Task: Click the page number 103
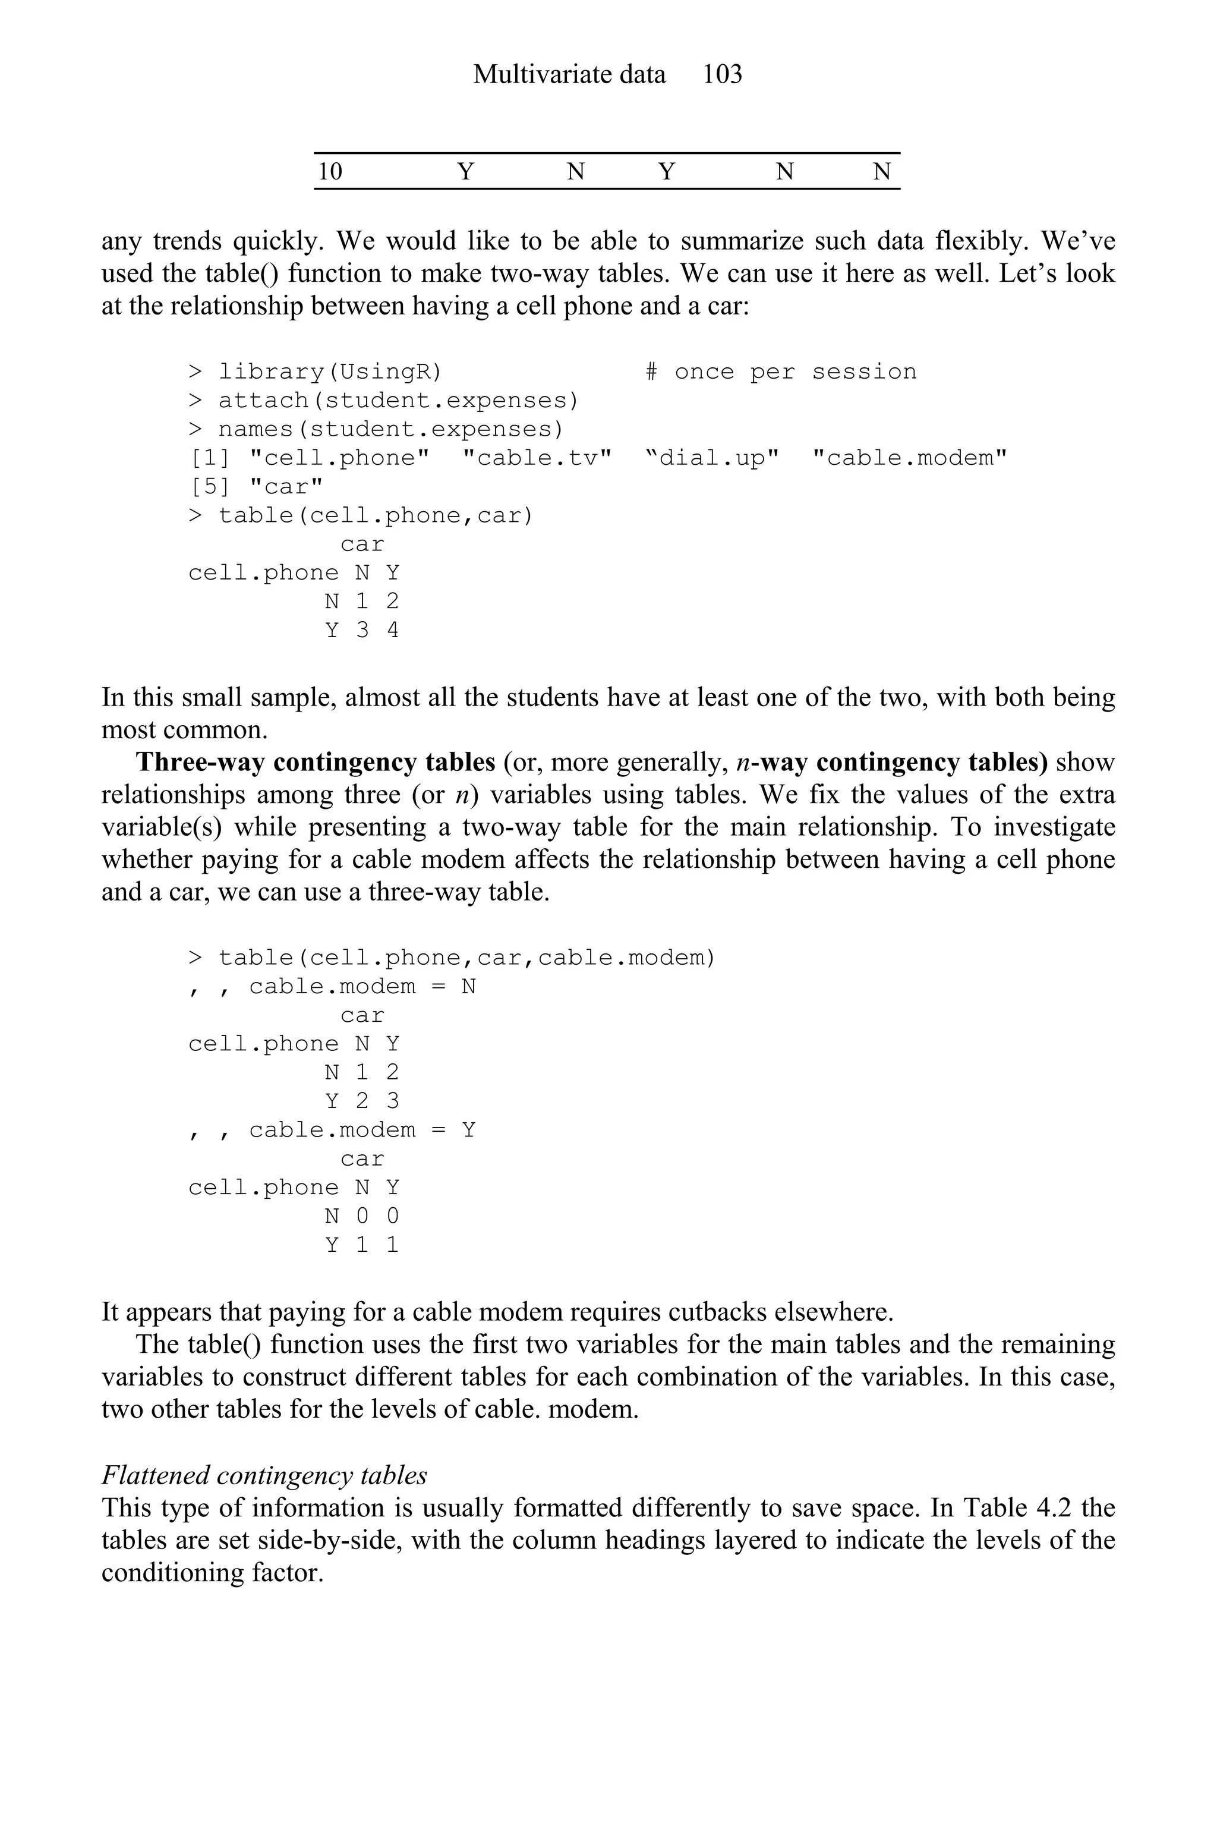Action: (x=722, y=74)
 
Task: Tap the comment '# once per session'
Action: (x=781, y=372)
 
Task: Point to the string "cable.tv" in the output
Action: (x=537, y=458)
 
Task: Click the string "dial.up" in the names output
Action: (x=712, y=458)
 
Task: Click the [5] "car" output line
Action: (x=256, y=487)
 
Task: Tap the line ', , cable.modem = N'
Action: (x=332, y=987)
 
